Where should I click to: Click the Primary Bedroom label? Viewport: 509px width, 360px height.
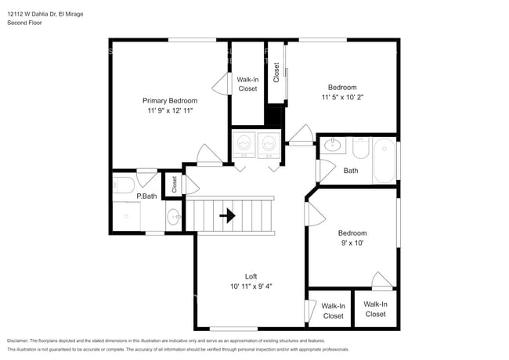coord(169,100)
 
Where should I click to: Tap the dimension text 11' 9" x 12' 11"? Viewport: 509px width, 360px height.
coord(169,111)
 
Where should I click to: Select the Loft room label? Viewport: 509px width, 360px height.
coord(251,275)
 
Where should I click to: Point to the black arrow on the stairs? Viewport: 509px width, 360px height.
coord(228,214)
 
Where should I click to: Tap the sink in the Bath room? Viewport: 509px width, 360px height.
coord(332,144)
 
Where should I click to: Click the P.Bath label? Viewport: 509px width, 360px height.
coord(147,196)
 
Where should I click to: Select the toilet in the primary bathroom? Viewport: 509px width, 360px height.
coord(123,185)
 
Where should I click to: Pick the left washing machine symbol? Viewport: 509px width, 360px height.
coord(244,144)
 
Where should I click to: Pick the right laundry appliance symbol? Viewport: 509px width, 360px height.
coord(269,144)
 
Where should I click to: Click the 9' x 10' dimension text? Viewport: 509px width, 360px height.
coord(352,243)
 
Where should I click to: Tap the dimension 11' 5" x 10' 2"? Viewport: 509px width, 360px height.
coord(342,98)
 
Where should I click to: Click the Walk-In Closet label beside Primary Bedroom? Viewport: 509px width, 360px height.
coord(247,84)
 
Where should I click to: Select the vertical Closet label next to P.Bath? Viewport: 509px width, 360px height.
coord(175,183)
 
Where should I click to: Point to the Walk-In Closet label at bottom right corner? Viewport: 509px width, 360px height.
coord(375,308)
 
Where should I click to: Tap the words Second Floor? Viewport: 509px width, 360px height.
coord(24,23)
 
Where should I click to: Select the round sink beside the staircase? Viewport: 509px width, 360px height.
coord(174,214)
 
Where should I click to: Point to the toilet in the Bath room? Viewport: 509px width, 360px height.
coord(360,146)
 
